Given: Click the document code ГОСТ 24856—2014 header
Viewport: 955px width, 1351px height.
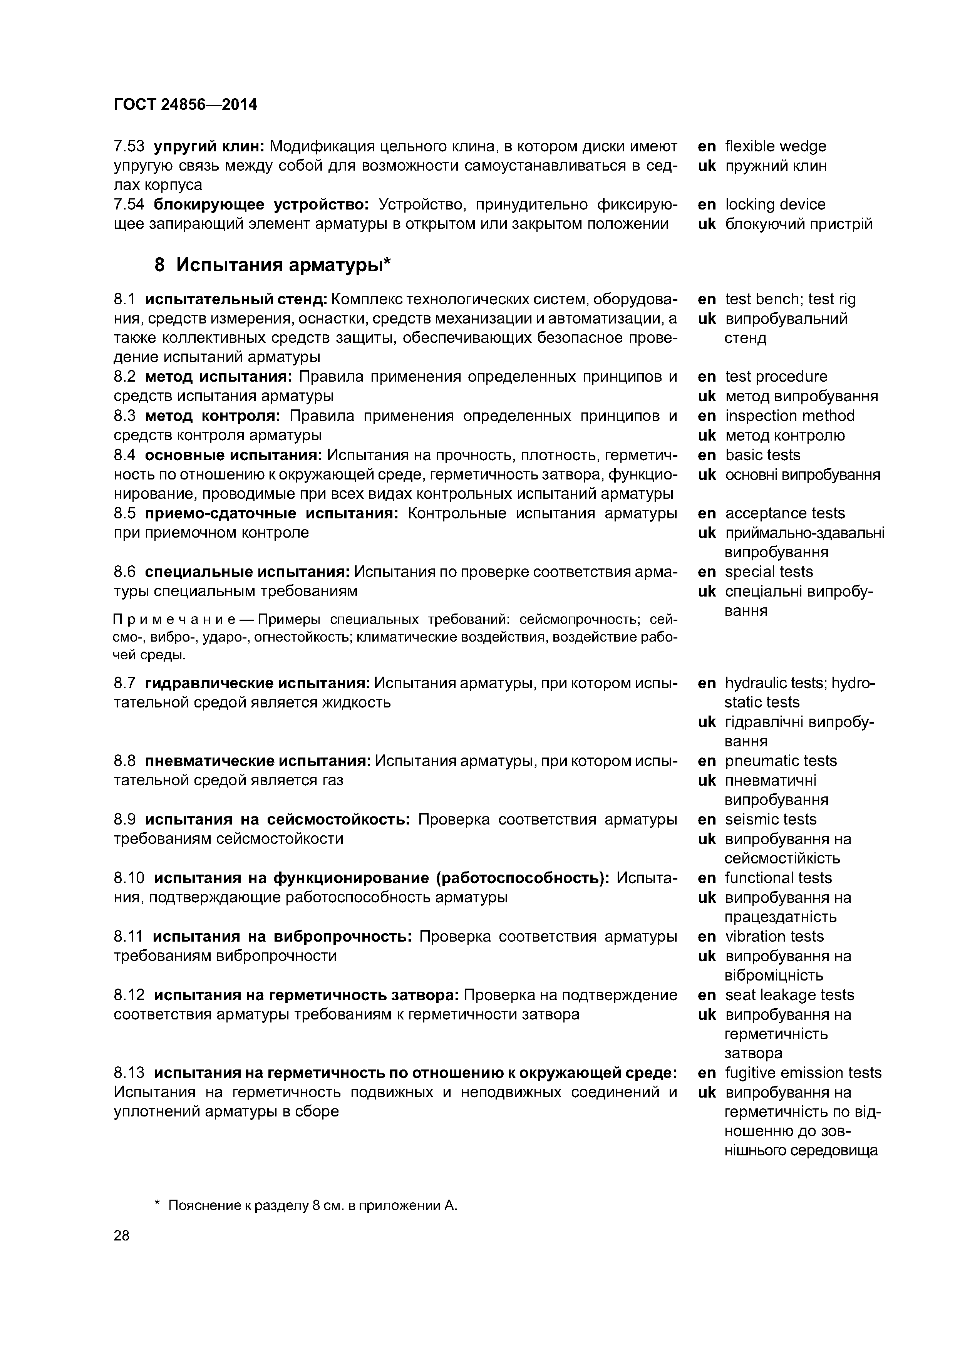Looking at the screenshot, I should coord(185,105).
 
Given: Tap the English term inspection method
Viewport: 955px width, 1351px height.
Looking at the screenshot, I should coord(790,416).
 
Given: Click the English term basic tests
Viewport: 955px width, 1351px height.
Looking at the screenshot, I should coord(762,455).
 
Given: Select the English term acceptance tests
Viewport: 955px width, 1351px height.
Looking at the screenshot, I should coord(784,513).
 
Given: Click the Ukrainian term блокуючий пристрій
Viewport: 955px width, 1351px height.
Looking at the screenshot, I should coord(799,224).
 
